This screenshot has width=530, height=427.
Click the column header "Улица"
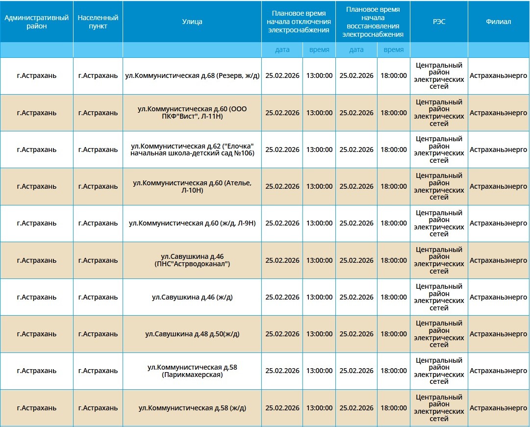[192, 22]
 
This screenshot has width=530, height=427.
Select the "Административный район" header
[36, 22]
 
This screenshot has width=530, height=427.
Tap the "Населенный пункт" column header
[98, 22]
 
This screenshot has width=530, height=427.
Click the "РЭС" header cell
[439, 22]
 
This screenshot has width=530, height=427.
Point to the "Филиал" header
[498, 22]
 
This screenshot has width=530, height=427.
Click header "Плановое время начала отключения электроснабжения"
[298, 22]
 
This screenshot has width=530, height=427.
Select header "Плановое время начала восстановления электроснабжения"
[373, 22]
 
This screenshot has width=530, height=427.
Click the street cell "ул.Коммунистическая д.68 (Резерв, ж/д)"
[192, 76]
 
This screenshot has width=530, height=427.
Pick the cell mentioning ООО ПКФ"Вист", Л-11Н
[192, 113]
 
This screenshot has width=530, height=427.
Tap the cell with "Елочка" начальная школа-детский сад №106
[192, 150]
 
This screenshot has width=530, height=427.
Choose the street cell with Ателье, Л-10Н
[192, 186]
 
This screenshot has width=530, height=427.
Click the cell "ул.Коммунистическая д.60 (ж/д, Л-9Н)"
[192, 223]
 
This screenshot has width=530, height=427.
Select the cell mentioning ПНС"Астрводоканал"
[192, 260]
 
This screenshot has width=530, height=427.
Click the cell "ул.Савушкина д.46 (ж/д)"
[192, 297]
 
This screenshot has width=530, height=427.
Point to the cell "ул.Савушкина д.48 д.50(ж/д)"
[192, 334]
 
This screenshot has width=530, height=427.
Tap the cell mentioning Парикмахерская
[192, 371]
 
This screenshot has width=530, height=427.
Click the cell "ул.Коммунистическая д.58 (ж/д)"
[192, 408]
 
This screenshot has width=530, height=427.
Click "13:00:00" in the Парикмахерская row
[319, 371]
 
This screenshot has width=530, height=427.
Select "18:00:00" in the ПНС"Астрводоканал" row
[394, 260]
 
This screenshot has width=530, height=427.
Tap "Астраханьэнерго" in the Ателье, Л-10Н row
[498, 186]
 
